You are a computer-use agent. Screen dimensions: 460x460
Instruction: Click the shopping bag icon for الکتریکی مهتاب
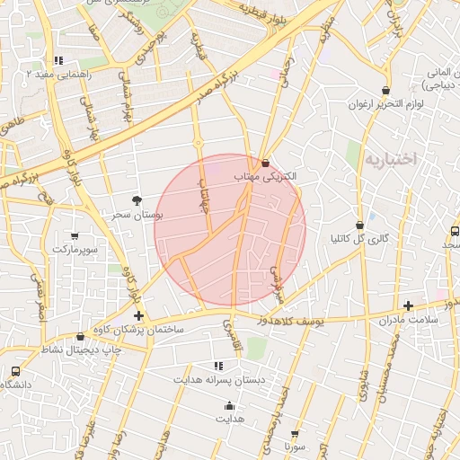[265, 163]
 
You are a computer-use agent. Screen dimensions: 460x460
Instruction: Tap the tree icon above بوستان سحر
[137, 199]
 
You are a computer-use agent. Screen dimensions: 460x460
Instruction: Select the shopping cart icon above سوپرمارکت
[75, 236]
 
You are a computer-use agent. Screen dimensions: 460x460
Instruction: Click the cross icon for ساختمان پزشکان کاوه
[138, 315]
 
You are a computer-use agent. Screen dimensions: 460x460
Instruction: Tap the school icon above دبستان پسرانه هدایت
[218, 366]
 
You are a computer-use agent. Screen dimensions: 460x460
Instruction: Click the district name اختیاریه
[392, 159]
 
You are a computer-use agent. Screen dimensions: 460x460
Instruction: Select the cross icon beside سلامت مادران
[409, 305]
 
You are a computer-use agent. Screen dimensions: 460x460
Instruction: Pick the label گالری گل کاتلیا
[359, 239]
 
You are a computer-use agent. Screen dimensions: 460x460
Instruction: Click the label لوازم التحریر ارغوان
[387, 105]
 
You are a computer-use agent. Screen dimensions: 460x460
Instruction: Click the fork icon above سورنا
[296, 432]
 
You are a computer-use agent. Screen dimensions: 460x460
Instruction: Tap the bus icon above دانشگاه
[15, 371]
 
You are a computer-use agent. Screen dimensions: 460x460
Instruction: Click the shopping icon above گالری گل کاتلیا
[360, 226]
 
